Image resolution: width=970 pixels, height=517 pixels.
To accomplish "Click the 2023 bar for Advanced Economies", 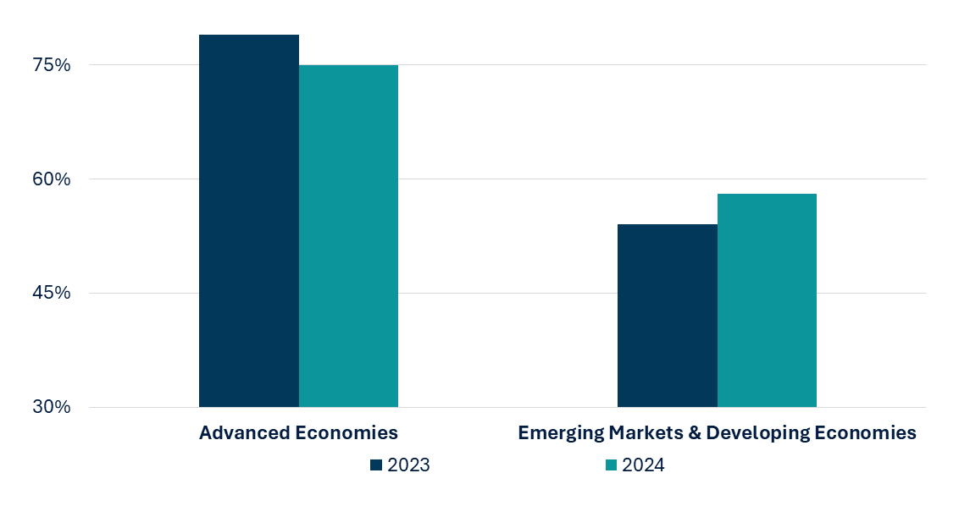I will coord(248,221).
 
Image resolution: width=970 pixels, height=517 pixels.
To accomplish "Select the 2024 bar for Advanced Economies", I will coord(348,236).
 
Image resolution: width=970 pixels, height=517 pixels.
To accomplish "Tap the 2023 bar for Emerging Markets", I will coord(667,316).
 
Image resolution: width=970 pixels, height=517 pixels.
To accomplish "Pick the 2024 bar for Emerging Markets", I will coord(767,300).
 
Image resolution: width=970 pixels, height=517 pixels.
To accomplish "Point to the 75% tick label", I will coord(52,65).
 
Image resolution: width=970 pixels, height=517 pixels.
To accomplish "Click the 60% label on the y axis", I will coord(52,179).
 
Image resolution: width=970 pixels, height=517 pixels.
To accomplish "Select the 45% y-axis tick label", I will coord(52,294).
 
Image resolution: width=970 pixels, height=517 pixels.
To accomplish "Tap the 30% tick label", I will coord(52,407).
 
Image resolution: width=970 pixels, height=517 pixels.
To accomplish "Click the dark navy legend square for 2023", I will coord(376,465).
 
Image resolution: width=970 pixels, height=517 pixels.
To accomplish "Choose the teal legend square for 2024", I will coord(611,465).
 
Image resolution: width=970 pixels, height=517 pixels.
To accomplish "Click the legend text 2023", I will coord(408,465).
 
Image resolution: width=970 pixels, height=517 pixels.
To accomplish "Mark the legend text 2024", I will coord(643,465).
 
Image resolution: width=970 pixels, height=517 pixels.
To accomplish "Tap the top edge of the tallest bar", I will coord(248,36).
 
